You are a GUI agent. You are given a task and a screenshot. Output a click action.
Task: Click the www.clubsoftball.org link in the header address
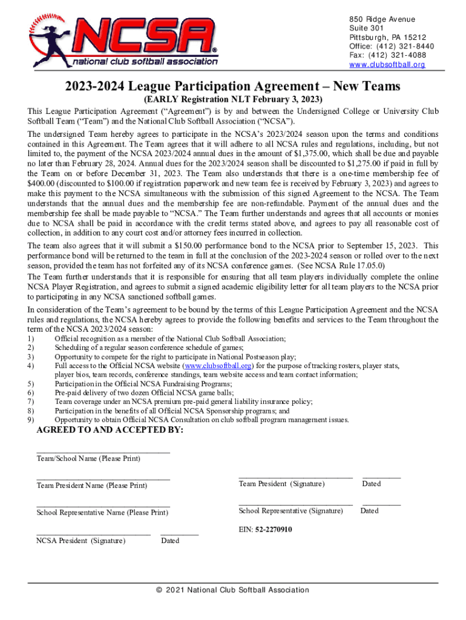387,64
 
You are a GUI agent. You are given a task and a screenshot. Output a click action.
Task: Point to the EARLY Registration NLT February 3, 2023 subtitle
233,99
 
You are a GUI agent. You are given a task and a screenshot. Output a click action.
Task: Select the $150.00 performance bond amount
191,245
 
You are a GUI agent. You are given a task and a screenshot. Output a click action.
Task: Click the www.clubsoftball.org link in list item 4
218,366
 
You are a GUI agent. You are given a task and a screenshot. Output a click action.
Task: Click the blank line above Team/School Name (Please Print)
103,452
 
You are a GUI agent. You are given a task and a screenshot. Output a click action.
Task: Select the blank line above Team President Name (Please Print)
103,479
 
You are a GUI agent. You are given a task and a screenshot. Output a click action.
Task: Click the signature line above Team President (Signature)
295,478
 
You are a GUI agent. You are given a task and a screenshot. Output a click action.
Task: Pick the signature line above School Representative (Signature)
295,504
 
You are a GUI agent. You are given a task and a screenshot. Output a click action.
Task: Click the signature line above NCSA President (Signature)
93,535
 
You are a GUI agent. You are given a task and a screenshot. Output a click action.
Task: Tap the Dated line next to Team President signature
381,478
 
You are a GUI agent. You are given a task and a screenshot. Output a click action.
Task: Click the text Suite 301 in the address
367,28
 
